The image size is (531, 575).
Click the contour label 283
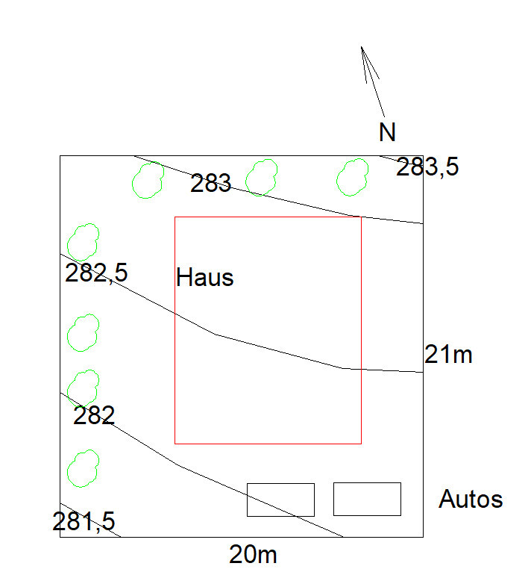210,183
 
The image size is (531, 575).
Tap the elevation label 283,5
427,167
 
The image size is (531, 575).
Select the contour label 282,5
96,273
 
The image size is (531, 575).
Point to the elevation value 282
94,415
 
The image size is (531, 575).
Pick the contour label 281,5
84,521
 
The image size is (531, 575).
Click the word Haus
204,277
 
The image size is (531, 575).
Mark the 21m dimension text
448,355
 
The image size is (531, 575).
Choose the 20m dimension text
253,554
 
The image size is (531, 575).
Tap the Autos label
471,499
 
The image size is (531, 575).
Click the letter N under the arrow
388,132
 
